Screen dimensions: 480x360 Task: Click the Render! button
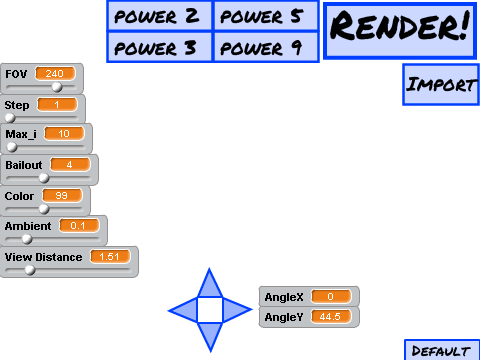(x=400, y=31)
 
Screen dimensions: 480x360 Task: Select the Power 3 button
(x=159, y=47)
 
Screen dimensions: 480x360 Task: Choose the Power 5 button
(x=266, y=16)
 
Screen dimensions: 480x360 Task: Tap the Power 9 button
(x=266, y=47)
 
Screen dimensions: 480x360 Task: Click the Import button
(x=441, y=85)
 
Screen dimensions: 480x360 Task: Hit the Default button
(x=442, y=350)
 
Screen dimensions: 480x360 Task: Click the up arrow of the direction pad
(x=210, y=283)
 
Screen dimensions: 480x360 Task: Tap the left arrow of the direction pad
(x=183, y=310)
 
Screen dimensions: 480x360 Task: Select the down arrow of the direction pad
(x=210, y=336)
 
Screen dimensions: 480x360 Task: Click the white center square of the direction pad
(x=210, y=310)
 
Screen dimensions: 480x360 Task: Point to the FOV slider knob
(x=57, y=87)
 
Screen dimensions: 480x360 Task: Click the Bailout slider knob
(x=44, y=178)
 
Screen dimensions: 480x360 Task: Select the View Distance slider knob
(x=30, y=270)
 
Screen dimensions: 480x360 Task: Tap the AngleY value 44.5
(x=331, y=316)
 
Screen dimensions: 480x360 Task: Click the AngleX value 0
(x=331, y=296)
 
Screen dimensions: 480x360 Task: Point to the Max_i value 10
(x=64, y=134)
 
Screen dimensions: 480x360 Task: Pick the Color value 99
(x=62, y=195)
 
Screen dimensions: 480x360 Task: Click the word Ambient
(x=28, y=226)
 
